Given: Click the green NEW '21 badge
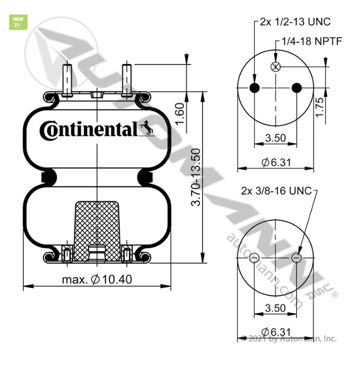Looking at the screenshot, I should tap(18, 22).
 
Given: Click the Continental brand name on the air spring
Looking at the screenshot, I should tap(88, 130).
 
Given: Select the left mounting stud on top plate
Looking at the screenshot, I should tap(68, 79).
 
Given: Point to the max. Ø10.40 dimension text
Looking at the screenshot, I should tap(97, 279).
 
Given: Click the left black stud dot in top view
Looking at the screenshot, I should tap(254, 88).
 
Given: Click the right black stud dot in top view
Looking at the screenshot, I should tap(297, 88).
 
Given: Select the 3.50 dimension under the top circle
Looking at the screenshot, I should tap(275, 138).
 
